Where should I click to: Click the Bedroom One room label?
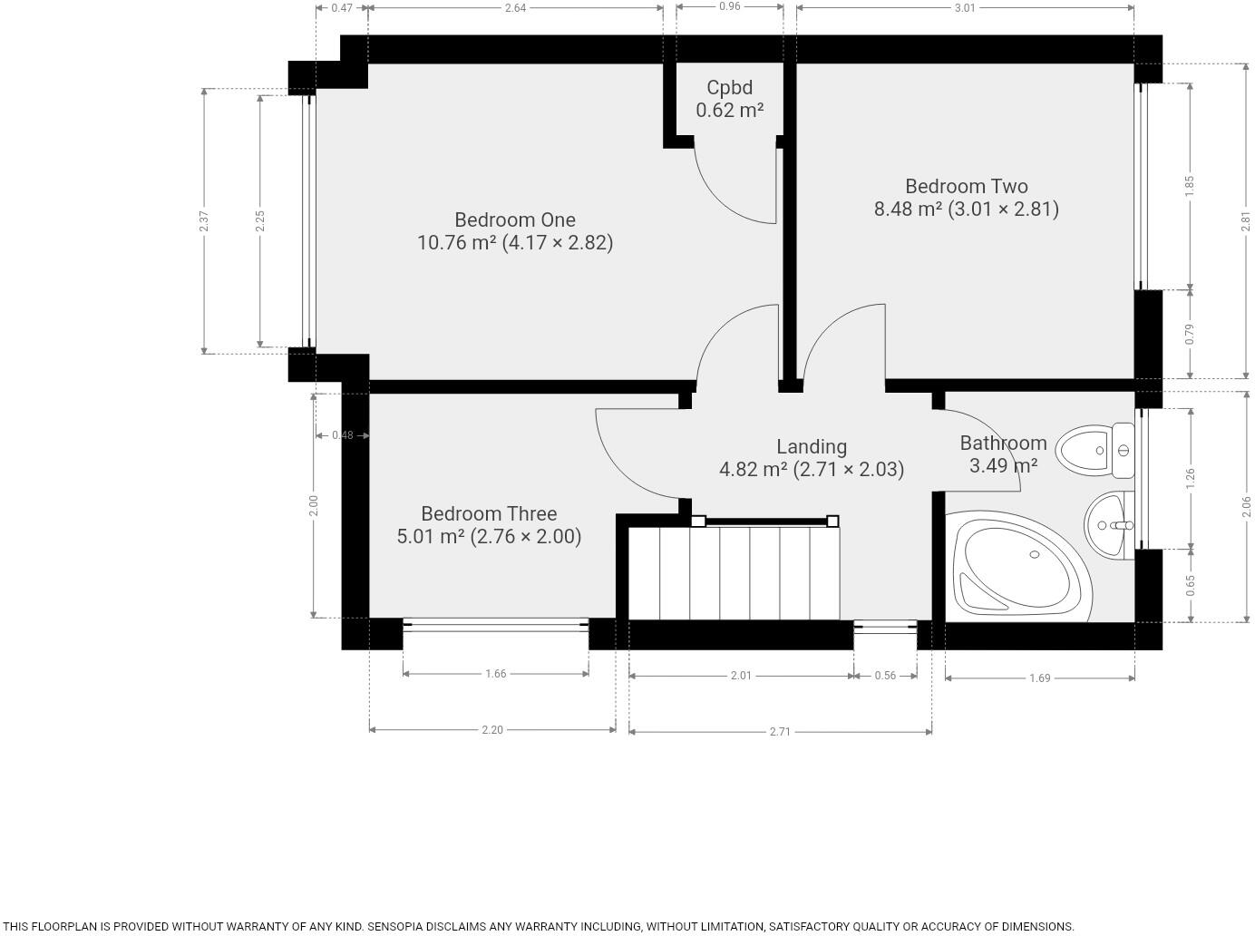pyautogui.click(x=514, y=220)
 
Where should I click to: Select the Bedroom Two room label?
pyautogui.click(x=966, y=187)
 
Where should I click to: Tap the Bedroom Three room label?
pyautogui.click(x=489, y=513)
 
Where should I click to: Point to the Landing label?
pyautogui.click(x=812, y=446)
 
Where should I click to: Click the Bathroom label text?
pyautogui.click(x=1003, y=444)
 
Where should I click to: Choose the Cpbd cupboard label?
pyautogui.click(x=729, y=88)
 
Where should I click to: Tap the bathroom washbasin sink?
pyautogui.click(x=1107, y=525)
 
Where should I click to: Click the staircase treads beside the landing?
pyautogui.click(x=735, y=572)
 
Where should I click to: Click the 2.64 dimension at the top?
pyautogui.click(x=515, y=8)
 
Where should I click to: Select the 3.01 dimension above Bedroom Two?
pyautogui.click(x=965, y=8)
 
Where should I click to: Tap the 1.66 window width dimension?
pyautogui.click(x=495, y=674)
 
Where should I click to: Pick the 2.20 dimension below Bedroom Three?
pyautogui.click(x=491, y=730)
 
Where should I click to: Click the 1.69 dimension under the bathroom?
pyautogui.click(x=1039, y=678)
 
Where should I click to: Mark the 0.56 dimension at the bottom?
pyautogui.click(x=884, y=676)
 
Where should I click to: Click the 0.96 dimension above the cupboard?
pyautogui.click(x=729, y=6)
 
